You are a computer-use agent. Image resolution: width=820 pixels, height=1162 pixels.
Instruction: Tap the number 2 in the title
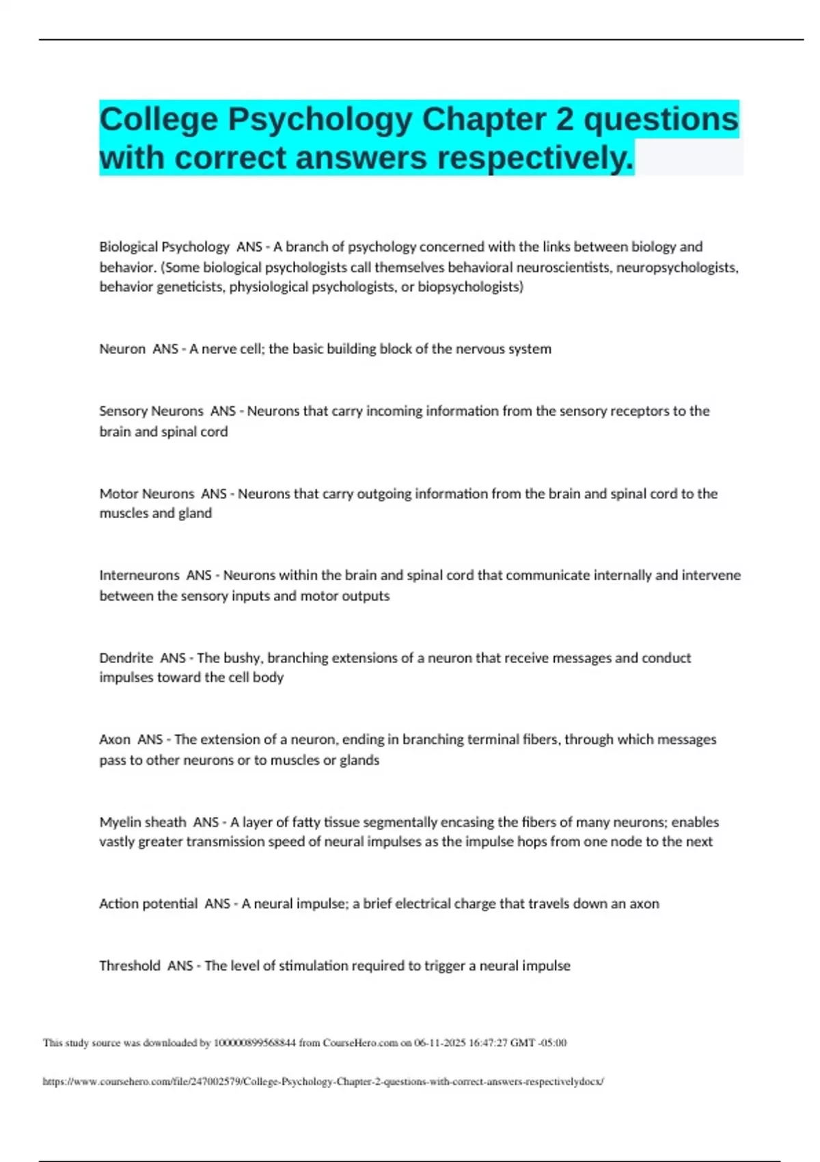point(564,120)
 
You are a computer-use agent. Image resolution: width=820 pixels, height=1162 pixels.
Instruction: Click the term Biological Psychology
point(164,247)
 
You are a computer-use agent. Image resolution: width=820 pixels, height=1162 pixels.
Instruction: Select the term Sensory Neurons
point(151,411)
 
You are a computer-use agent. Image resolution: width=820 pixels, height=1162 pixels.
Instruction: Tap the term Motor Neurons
point(146,494)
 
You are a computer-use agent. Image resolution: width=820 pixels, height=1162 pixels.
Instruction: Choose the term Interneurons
point(139,576)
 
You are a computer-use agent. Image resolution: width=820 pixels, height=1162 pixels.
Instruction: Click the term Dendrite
point(126,658)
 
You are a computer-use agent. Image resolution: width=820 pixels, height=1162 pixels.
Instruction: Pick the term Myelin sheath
point(142,822)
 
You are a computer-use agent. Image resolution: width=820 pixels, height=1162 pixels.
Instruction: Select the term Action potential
point(148,904)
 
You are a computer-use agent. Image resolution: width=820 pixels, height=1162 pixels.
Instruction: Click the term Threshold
point(130,966)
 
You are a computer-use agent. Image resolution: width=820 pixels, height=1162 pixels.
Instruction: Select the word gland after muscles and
point(195,513)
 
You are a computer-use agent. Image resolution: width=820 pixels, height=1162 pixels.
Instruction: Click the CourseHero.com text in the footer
point(360,1043)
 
